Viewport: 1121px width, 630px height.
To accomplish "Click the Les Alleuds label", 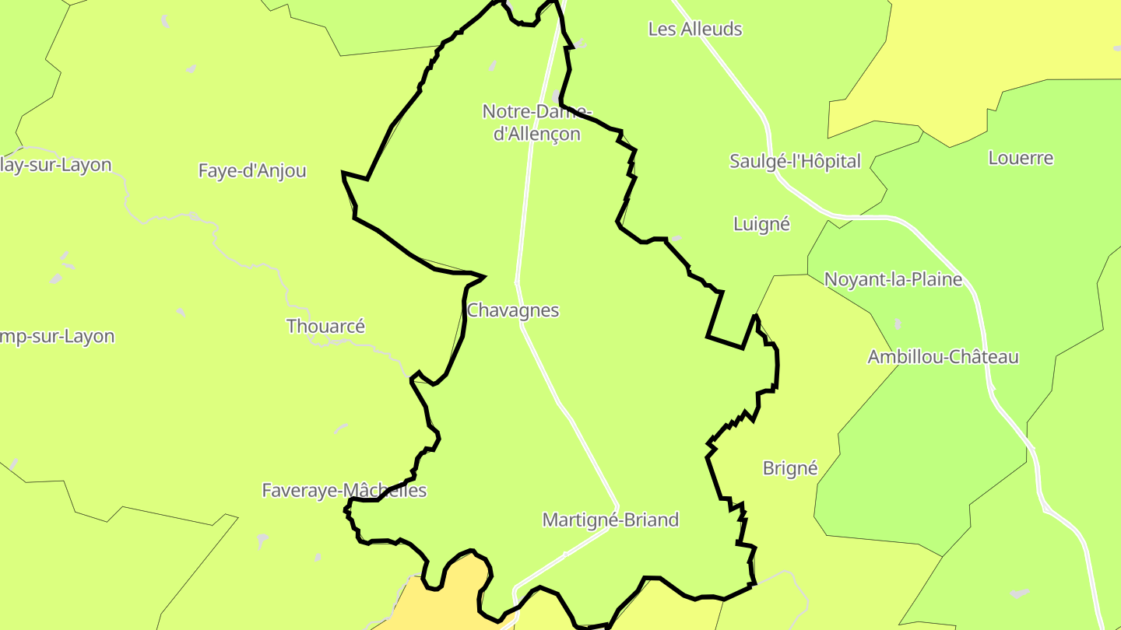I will pyautogui.click(x=695, y=30).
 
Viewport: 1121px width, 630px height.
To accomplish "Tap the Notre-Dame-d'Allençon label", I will pyautogui.click(x=536, y=122).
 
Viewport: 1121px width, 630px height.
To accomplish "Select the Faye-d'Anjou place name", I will pyautogui.click(x=252, y=171).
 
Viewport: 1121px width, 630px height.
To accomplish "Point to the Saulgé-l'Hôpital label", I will pyautogui.click(x=795, y=162).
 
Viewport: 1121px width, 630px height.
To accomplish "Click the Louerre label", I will pyautogui.click(x=1021, y=158).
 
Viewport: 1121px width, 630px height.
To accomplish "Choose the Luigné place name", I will pyautogui.click(x=761, y=224).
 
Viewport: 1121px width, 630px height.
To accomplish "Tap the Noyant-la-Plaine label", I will pyautogui.click(x=893, y=279).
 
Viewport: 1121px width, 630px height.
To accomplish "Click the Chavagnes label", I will pyautogui.click(x=513, y=310).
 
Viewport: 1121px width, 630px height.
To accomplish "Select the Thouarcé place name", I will pyautogui.click(x=325, y=327).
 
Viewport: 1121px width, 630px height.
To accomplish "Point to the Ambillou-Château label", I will pyautogui.click(x=943, y=357).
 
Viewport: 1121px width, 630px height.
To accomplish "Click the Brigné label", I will pyautogui.click(x=790, y=468).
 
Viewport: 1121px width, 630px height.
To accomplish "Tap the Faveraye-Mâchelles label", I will pyautogui.click(x=344, y=491).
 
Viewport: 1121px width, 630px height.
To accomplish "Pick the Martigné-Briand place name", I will pyautogui.click(x=610, y=520).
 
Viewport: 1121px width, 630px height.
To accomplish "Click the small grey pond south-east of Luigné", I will pyautogui.click(x=676, y=238).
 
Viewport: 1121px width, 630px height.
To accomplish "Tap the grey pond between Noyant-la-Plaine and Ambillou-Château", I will pyautogui.click(x=898, y=323).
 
